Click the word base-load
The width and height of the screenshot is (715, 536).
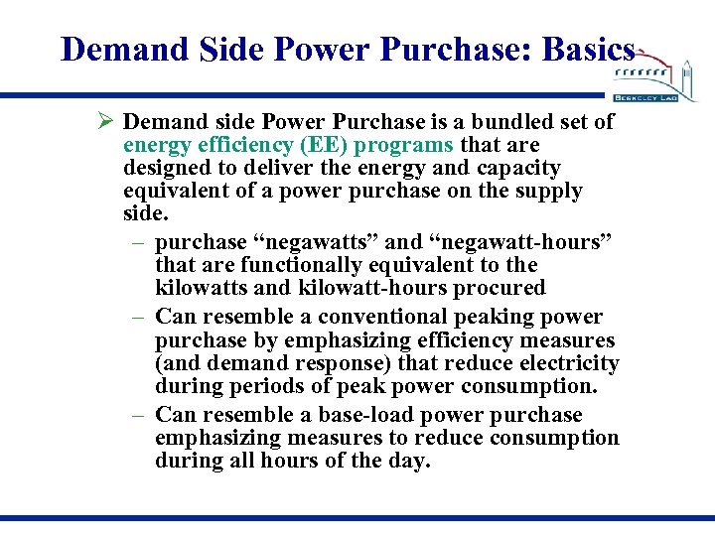(418, 414)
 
